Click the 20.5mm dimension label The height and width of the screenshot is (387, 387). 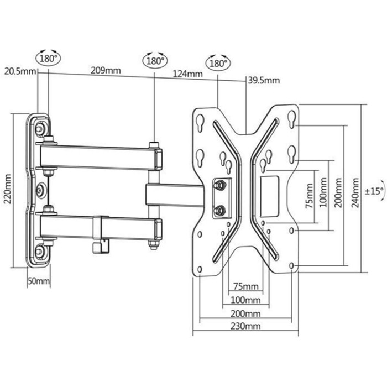20,71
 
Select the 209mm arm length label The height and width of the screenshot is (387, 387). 106,71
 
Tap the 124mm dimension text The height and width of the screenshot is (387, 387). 187,74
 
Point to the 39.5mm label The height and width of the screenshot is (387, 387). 264,81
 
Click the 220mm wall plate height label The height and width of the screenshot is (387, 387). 8,189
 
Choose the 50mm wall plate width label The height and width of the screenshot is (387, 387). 39,281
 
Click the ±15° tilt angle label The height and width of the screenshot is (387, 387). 375,191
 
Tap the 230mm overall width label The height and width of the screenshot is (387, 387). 245,326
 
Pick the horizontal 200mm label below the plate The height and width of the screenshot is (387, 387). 245,313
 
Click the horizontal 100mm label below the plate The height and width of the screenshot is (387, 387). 245,300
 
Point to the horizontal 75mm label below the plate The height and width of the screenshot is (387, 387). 246,286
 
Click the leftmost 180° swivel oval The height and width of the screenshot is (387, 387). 49,59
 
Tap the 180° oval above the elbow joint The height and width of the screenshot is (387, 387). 155,61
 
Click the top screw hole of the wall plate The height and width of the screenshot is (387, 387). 39,129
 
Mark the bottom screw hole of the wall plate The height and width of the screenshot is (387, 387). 39,252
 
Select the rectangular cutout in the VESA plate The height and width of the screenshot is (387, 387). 270,196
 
